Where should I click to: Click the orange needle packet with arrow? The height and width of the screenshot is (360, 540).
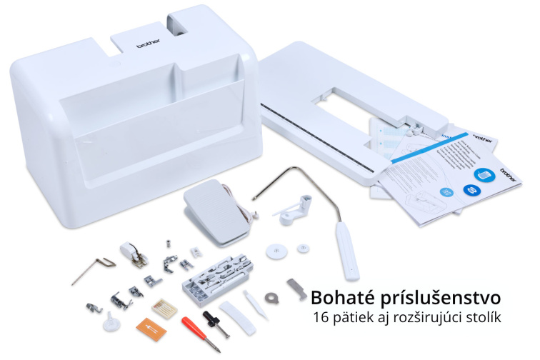click(x=152, y=328)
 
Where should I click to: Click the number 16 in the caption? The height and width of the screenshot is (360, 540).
click(x=321, y=317)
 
